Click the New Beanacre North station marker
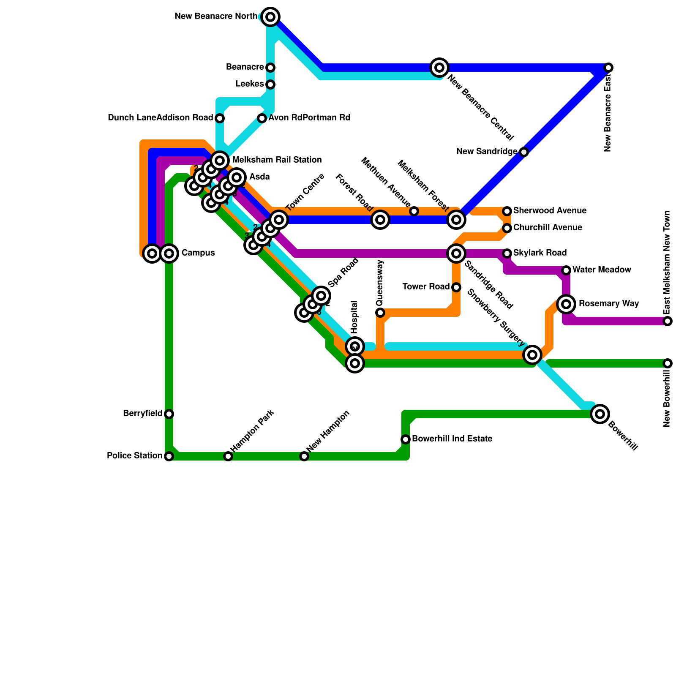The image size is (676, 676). tap(270, 17)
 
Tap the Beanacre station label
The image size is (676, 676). tap(245, 67)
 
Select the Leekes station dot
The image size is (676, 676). tap(270, 84)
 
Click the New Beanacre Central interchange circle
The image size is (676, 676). tap(439, 67)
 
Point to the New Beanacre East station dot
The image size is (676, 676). tap(608, 68)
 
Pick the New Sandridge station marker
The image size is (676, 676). tap(524, 152)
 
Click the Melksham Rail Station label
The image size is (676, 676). tap(277, 160)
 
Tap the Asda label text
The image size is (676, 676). tap(259, 177)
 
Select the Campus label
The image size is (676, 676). tap(198, 253)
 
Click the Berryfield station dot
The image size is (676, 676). tap(169, 414)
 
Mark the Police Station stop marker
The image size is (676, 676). tap(169, 456)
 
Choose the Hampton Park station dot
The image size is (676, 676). tap(228, 456)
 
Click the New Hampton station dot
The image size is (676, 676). tap(304, 456)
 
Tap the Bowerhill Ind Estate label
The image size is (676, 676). tap(452, 439)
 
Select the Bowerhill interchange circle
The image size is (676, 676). tap(600, 414)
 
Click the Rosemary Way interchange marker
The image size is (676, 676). tap(566, 304)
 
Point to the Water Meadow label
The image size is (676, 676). tap(602, 270)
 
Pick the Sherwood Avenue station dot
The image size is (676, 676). tap(507, 211)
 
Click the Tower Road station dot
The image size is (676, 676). tap(456, 287)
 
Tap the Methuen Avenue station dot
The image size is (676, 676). tap(414, 211)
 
